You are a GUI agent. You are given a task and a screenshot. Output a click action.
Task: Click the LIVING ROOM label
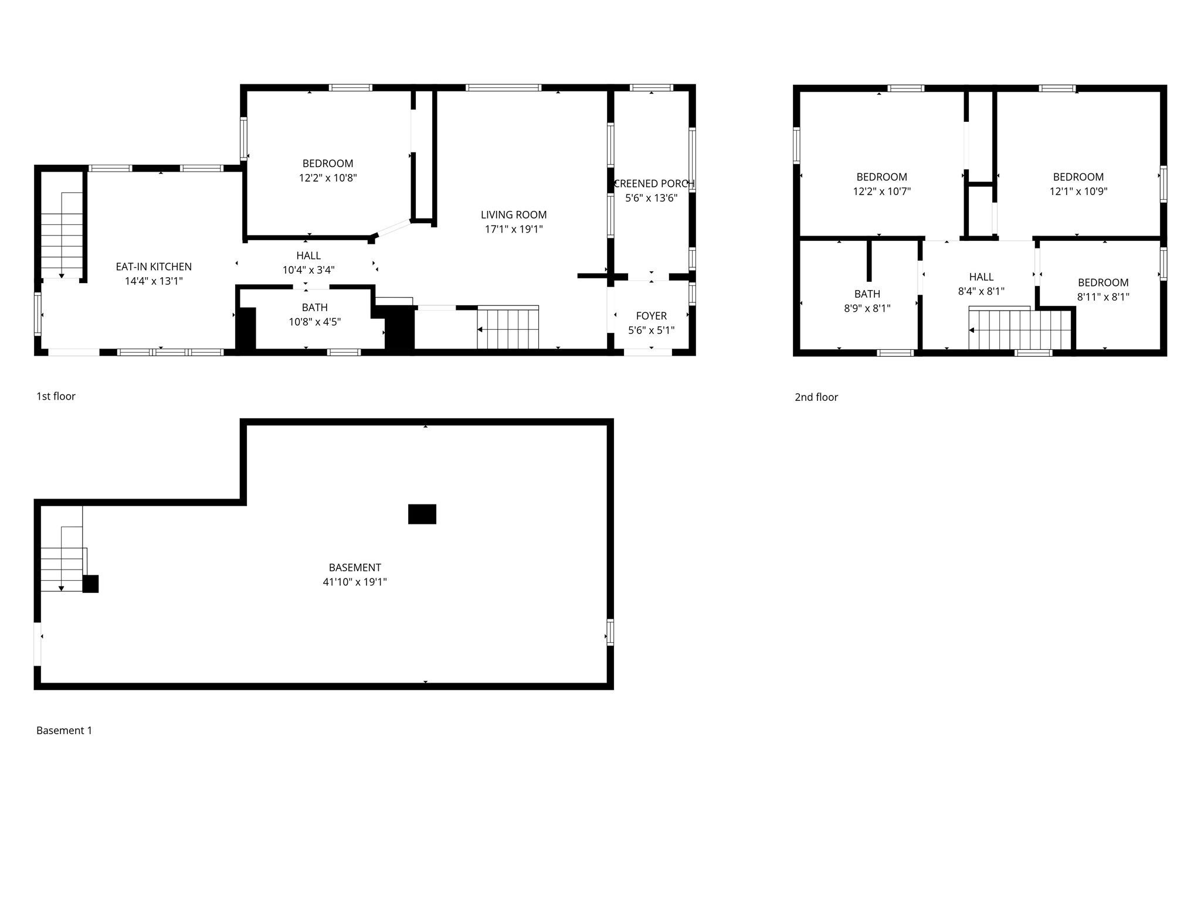coord(514,215)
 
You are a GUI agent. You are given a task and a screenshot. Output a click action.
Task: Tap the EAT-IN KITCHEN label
coord(154,267)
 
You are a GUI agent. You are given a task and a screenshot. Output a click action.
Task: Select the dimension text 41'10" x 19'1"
coord(355,582)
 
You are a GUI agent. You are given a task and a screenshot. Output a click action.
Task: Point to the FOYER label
coord(651,316)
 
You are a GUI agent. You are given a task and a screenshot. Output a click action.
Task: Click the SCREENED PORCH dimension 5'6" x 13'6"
coord(651,198)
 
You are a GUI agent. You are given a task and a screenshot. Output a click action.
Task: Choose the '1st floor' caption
coord(56,397)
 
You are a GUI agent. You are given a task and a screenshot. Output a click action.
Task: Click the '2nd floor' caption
coord(816,397)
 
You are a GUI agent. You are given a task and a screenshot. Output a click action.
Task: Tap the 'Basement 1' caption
coord(64,731)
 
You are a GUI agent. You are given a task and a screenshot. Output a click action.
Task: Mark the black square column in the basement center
coord(422,514)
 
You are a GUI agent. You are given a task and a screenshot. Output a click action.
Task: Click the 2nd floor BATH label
coord(867,294)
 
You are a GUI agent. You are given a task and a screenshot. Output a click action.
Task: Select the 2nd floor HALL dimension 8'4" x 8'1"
coord(981,291)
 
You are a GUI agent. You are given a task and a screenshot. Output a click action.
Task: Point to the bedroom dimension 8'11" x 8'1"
coord(1102,297)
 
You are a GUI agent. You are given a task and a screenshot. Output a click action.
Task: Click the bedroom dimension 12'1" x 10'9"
coord(1078,192)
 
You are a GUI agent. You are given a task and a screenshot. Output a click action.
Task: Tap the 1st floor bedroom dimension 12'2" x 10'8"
coord(328,178)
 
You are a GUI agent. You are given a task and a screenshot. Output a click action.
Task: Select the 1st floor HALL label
coord(308,255)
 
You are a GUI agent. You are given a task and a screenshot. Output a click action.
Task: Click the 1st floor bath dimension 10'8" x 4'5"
coord(315,322)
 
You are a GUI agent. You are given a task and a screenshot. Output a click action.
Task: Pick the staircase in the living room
coord(508,328)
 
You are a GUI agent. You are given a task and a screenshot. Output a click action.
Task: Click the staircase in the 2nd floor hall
coord(1020,329)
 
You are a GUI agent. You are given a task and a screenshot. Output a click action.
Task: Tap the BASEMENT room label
coord(355,568)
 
